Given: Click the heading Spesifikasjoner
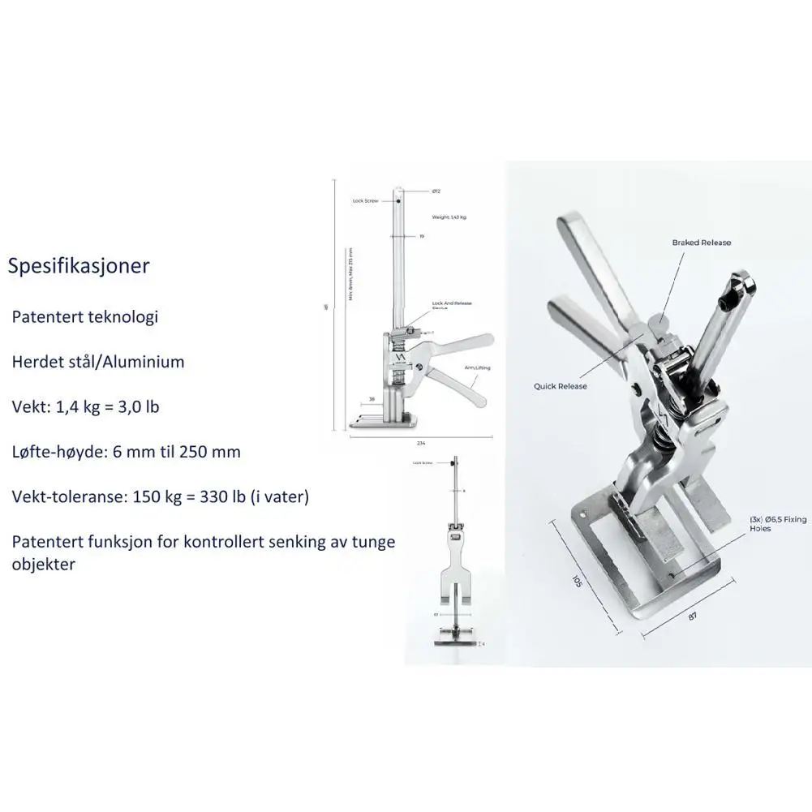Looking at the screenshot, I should point(79,266).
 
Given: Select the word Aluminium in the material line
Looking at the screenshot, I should point(142,362).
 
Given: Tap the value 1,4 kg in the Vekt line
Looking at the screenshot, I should point(75,406).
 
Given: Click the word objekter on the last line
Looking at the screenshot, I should point(43,564).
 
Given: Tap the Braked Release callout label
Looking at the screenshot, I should point(701,243).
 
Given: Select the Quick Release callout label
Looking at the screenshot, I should point(560,386).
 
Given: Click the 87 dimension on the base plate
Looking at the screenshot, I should point(694,617).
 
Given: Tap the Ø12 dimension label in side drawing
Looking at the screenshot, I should point(436,191).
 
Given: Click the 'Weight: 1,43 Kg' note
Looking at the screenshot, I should point(449,218).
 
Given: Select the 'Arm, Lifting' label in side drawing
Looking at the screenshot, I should point(478,367).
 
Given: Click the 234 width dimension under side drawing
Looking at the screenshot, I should point(421,443).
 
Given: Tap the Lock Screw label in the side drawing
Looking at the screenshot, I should point(365,200).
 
